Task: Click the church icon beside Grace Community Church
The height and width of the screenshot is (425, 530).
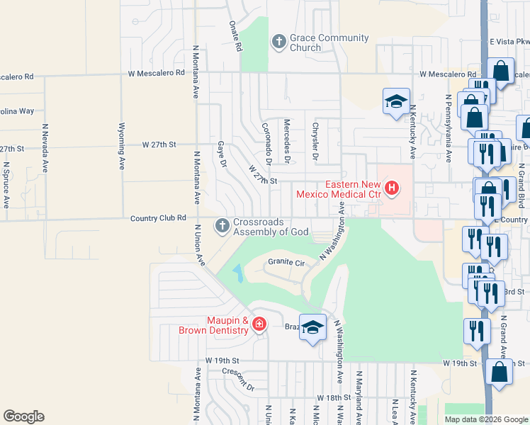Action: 278,42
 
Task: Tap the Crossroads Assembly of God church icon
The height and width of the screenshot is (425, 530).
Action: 223,226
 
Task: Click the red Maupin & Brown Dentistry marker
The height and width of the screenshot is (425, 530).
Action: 259,325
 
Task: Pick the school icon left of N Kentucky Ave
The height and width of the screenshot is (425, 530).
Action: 396,100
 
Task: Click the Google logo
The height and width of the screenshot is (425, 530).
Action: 23,416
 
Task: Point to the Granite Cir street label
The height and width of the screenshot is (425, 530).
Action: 286,263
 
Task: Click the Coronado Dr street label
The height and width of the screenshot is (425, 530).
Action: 268,139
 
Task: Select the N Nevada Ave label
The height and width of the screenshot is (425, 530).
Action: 45,149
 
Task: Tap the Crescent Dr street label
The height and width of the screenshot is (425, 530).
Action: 237,380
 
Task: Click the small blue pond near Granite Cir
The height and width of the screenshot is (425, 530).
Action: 237,272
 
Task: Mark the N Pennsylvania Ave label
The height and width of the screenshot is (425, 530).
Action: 449,127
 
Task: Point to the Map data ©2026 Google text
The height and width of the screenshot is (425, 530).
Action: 485,419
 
